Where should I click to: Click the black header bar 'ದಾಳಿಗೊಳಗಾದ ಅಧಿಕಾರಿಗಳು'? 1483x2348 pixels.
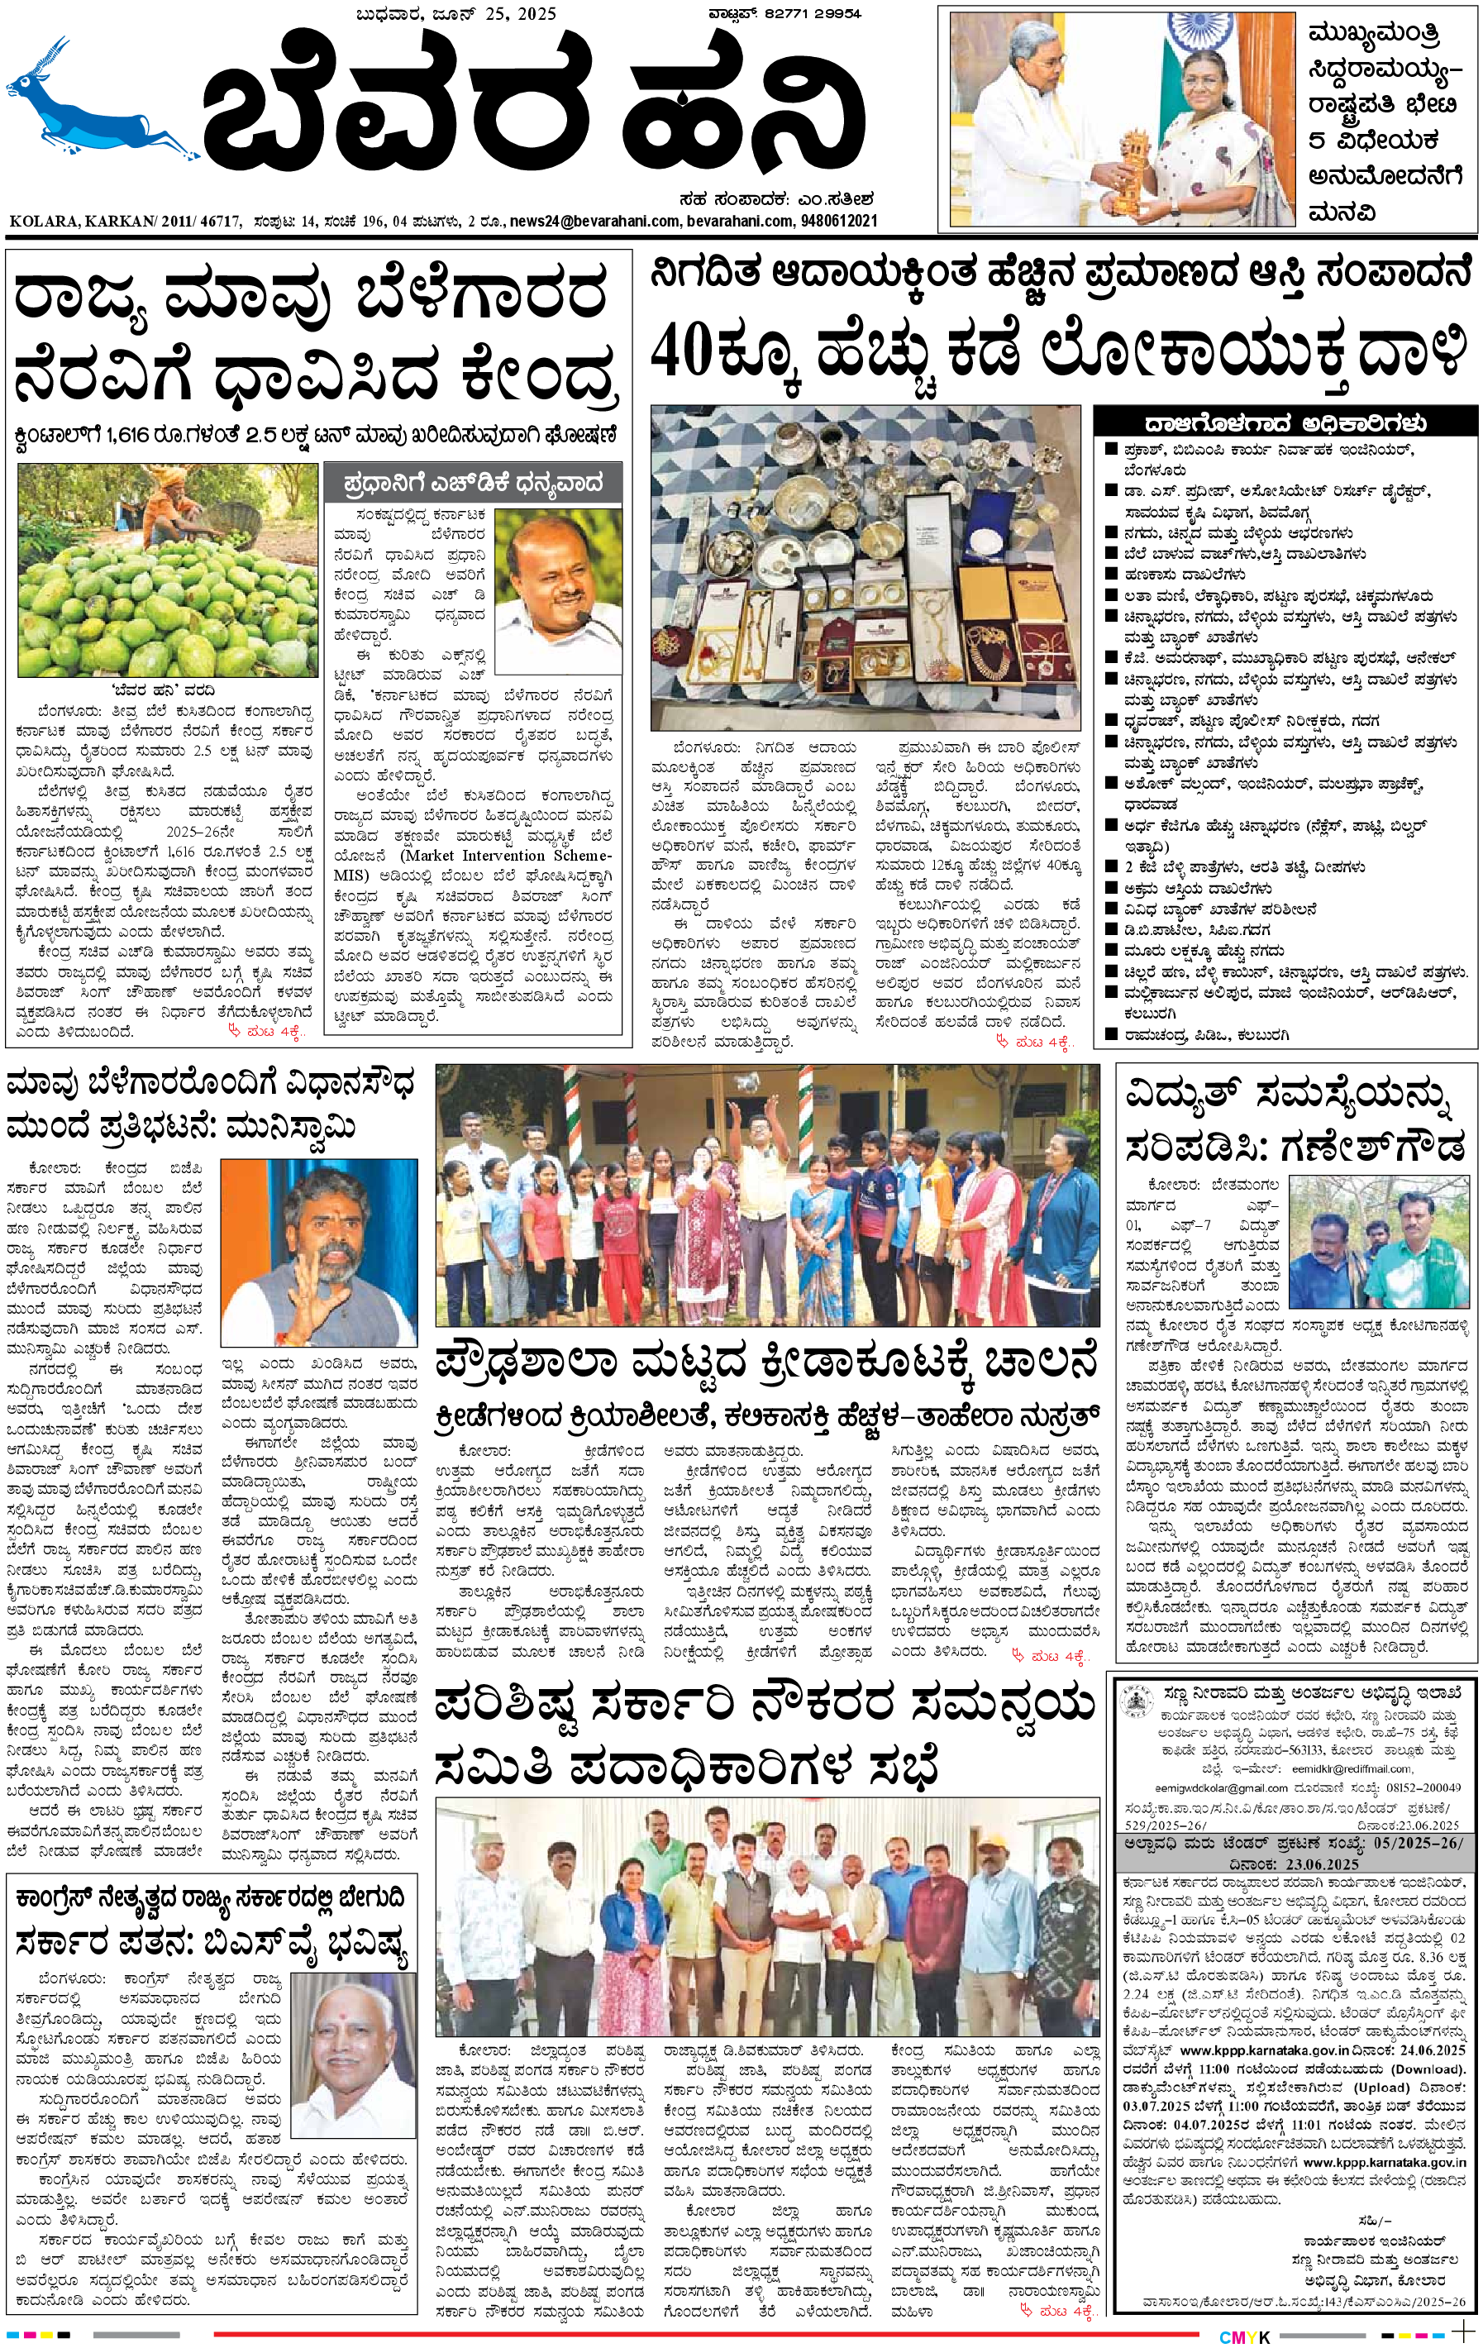(1285, 423)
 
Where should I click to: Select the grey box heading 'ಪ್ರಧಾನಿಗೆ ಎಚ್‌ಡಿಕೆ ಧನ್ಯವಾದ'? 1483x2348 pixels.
(473, 482)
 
